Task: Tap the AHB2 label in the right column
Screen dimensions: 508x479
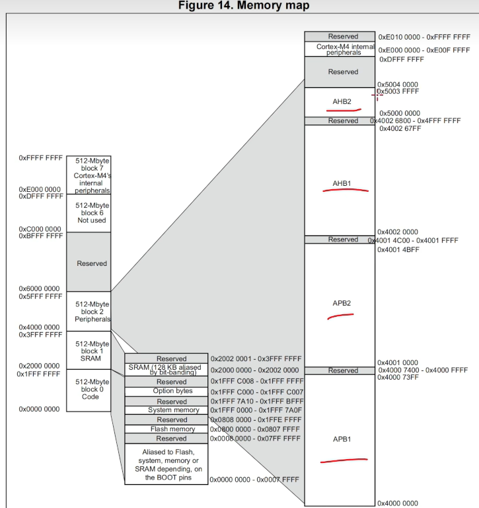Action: (342, 102)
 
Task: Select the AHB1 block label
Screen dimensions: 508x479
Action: (342, 183)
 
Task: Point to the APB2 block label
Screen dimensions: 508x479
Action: (342, 303)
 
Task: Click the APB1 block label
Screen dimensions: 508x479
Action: (342, 439)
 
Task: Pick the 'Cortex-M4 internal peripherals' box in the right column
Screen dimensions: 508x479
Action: (340, 49)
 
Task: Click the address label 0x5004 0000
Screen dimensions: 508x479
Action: (398, 85)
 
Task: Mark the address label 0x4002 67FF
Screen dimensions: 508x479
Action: (400, 128)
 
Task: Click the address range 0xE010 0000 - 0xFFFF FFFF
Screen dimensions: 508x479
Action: (424, 37)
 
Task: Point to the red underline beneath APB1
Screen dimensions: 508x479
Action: (343, 460)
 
